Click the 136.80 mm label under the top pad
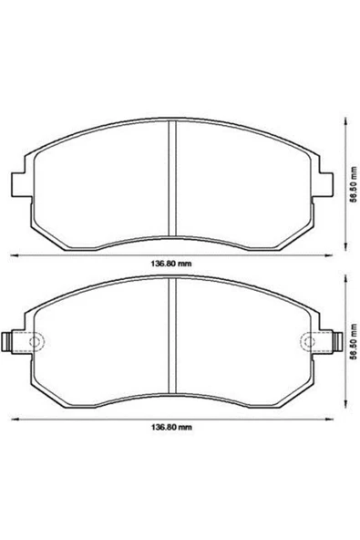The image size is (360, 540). click(x=170, y=264)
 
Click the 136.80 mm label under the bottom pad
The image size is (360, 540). click(x=171, y=428)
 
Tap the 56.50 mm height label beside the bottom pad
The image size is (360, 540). click(x=353, y=342)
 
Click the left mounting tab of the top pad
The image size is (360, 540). click(x=18, y=184)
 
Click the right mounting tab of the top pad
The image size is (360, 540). click(x=326, y=184)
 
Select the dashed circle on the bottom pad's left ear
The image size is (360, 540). click(x=35, y=342)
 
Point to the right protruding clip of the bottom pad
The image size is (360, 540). click(x=337, y=342)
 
